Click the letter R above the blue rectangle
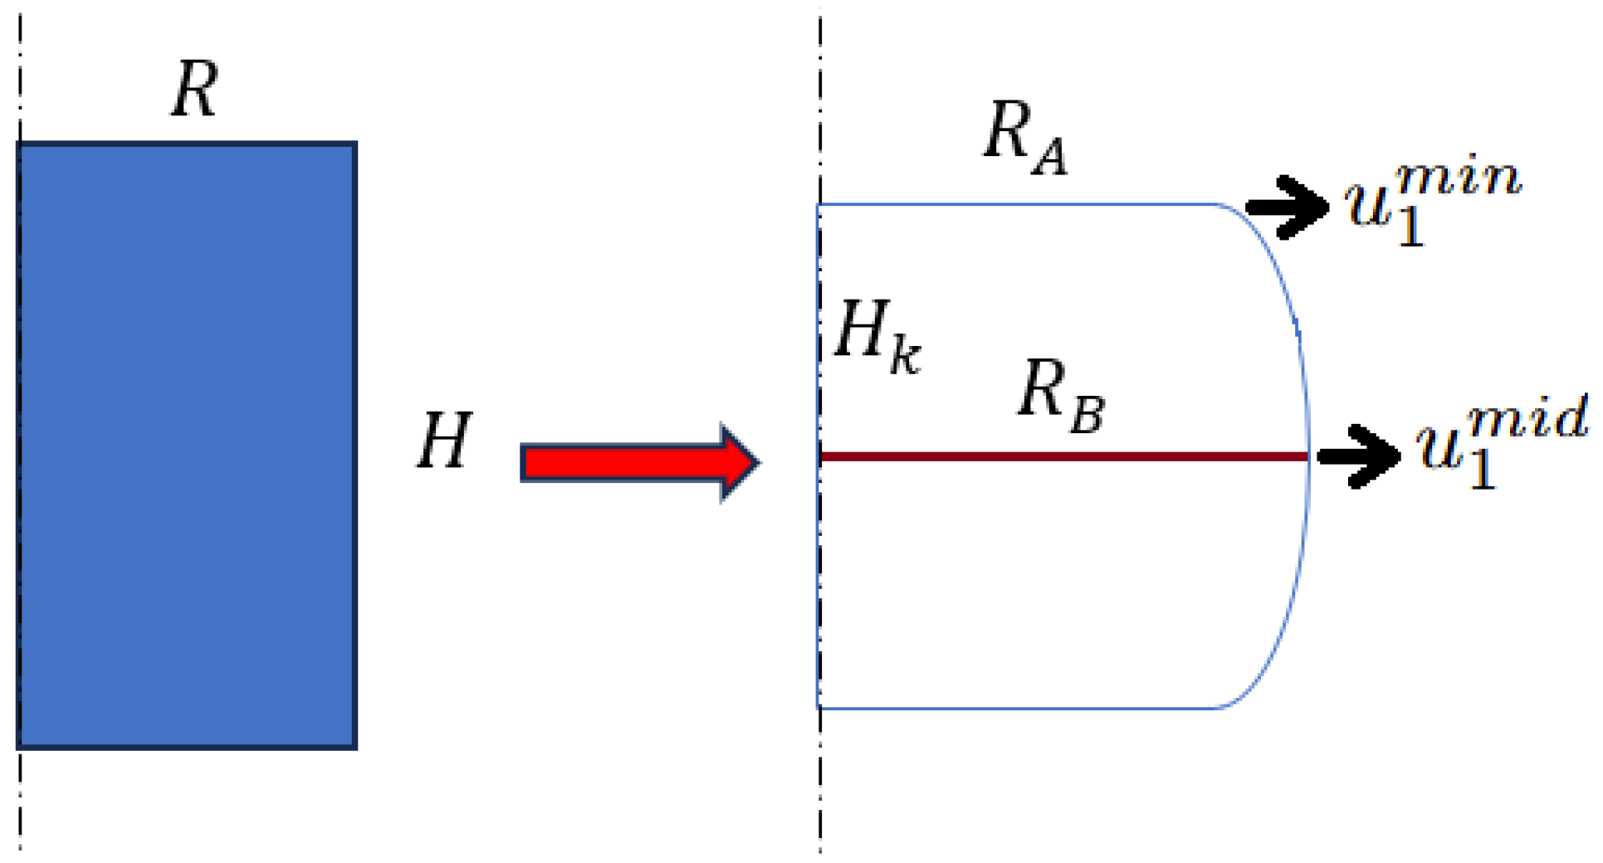195,90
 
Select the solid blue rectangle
187,446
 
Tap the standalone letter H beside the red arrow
444,441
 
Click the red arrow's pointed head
738,462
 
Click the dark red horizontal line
1063,456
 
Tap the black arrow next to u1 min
1288,207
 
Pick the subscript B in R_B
1087,414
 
